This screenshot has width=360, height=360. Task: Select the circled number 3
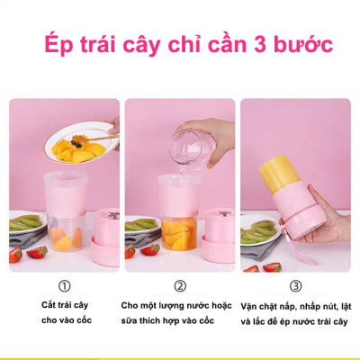[x=295, y=286]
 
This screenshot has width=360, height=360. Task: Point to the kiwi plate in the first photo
[x=27, y=222]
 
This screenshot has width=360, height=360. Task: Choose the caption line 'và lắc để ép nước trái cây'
[x=295, y=319]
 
